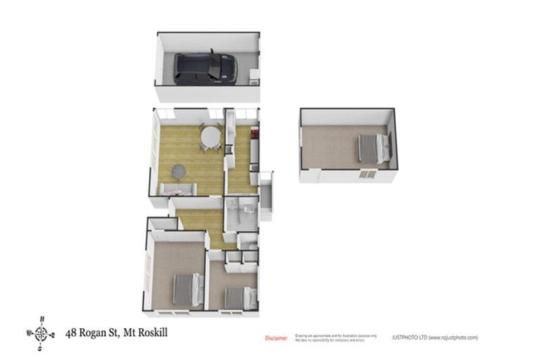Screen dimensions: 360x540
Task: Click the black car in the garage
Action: [205, 67]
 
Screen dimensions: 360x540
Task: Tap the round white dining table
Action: [210, 135]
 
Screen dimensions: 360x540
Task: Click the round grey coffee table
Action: [179, 170]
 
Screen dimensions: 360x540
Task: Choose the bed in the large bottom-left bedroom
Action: [187, 288]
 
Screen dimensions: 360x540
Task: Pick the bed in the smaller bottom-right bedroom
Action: [238, 298]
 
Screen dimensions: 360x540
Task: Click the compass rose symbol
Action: [41, 333]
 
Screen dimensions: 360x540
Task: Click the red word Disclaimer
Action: [276, 338]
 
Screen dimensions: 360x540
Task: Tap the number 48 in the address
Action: [71, 332]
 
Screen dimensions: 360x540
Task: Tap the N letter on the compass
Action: [41, 319]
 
